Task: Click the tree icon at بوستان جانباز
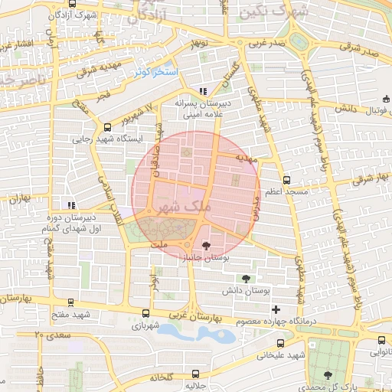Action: point(205,246)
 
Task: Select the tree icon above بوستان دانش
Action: point(246,279)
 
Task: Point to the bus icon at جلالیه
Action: point(196,374)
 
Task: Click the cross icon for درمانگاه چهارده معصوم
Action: point(276,309)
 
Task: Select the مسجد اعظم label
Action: point(286,191)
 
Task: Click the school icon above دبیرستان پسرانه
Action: point(202,90)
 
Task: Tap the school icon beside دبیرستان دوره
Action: point(71,205)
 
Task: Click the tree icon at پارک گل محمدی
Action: point(328,374)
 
